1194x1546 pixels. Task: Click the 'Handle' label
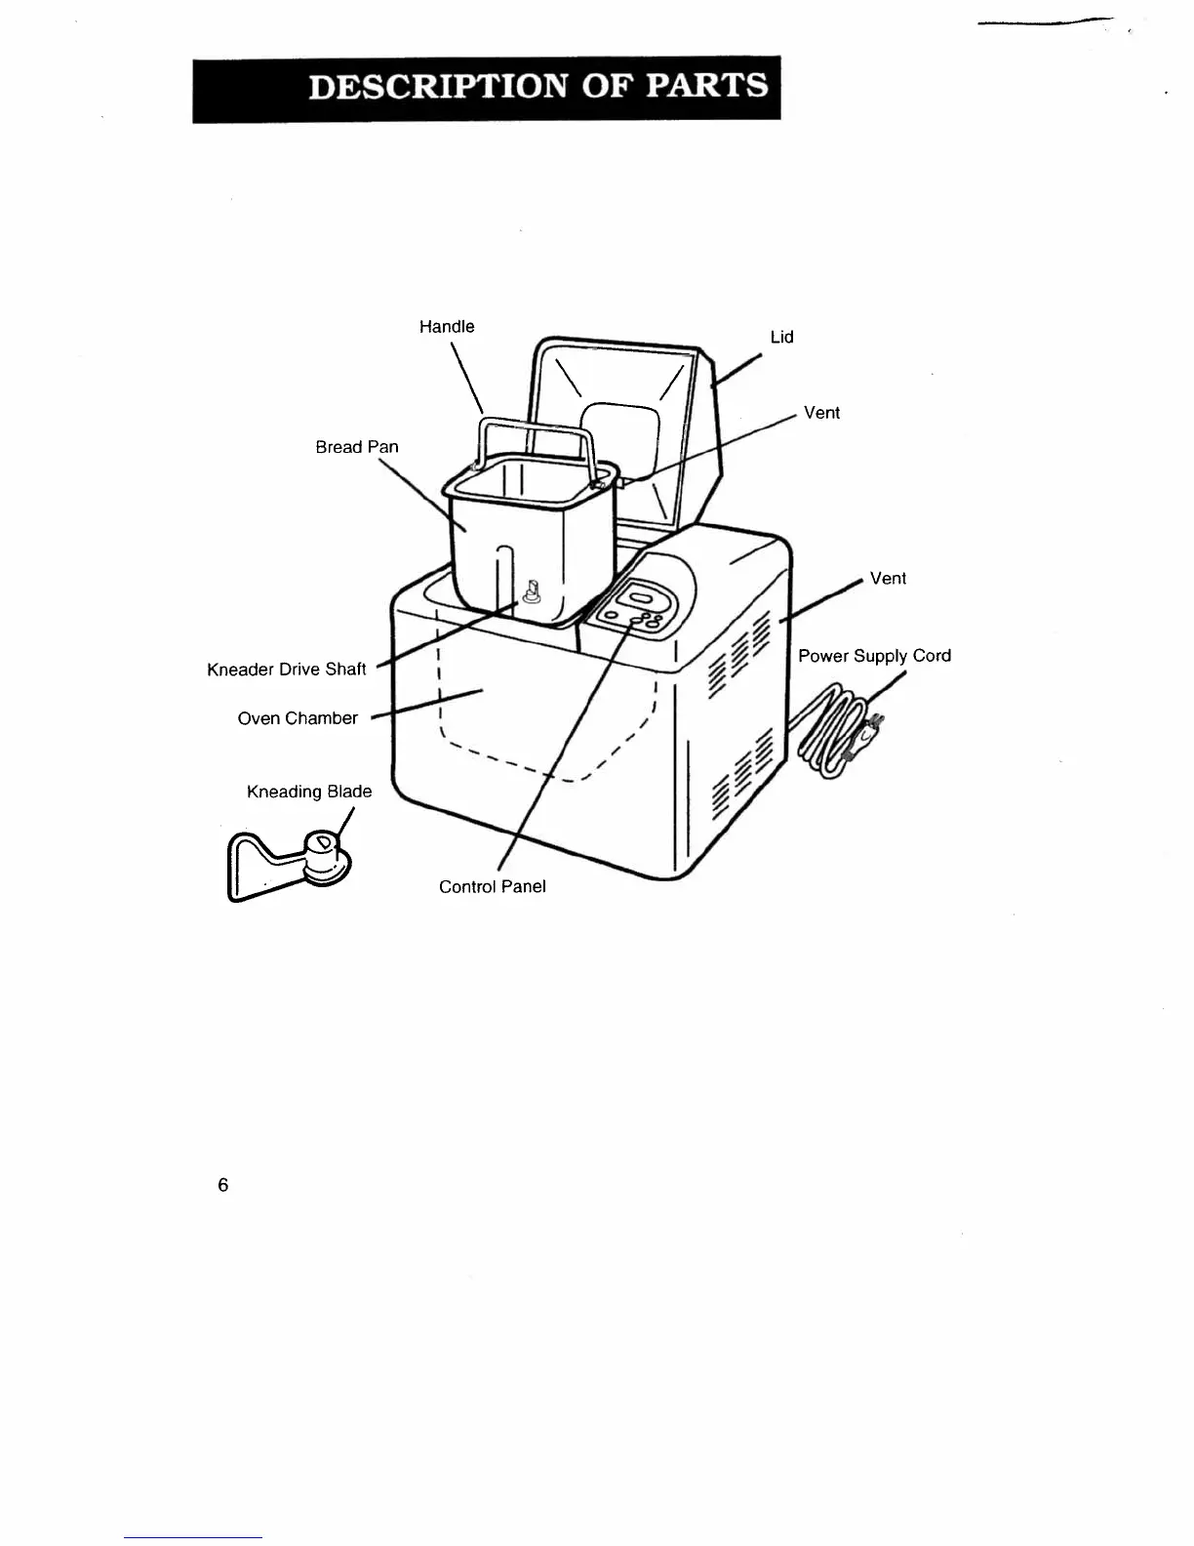pos(447,327)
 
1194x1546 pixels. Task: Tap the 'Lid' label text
pos(781,338)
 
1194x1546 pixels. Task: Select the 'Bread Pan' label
pos(357,447)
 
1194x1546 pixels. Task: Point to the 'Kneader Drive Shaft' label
pos(287,670)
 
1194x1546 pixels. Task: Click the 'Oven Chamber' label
pos(298,718)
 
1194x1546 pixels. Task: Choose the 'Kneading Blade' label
pos(309,792)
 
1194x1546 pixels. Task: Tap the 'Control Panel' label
pos(492,886)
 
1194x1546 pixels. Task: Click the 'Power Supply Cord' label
pos(874,656)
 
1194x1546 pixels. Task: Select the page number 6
pos(223,1185)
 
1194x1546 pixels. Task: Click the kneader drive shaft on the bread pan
pos(533,592)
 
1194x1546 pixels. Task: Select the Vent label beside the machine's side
pos(888,579)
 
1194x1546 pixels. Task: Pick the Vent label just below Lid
pos(821,413)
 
